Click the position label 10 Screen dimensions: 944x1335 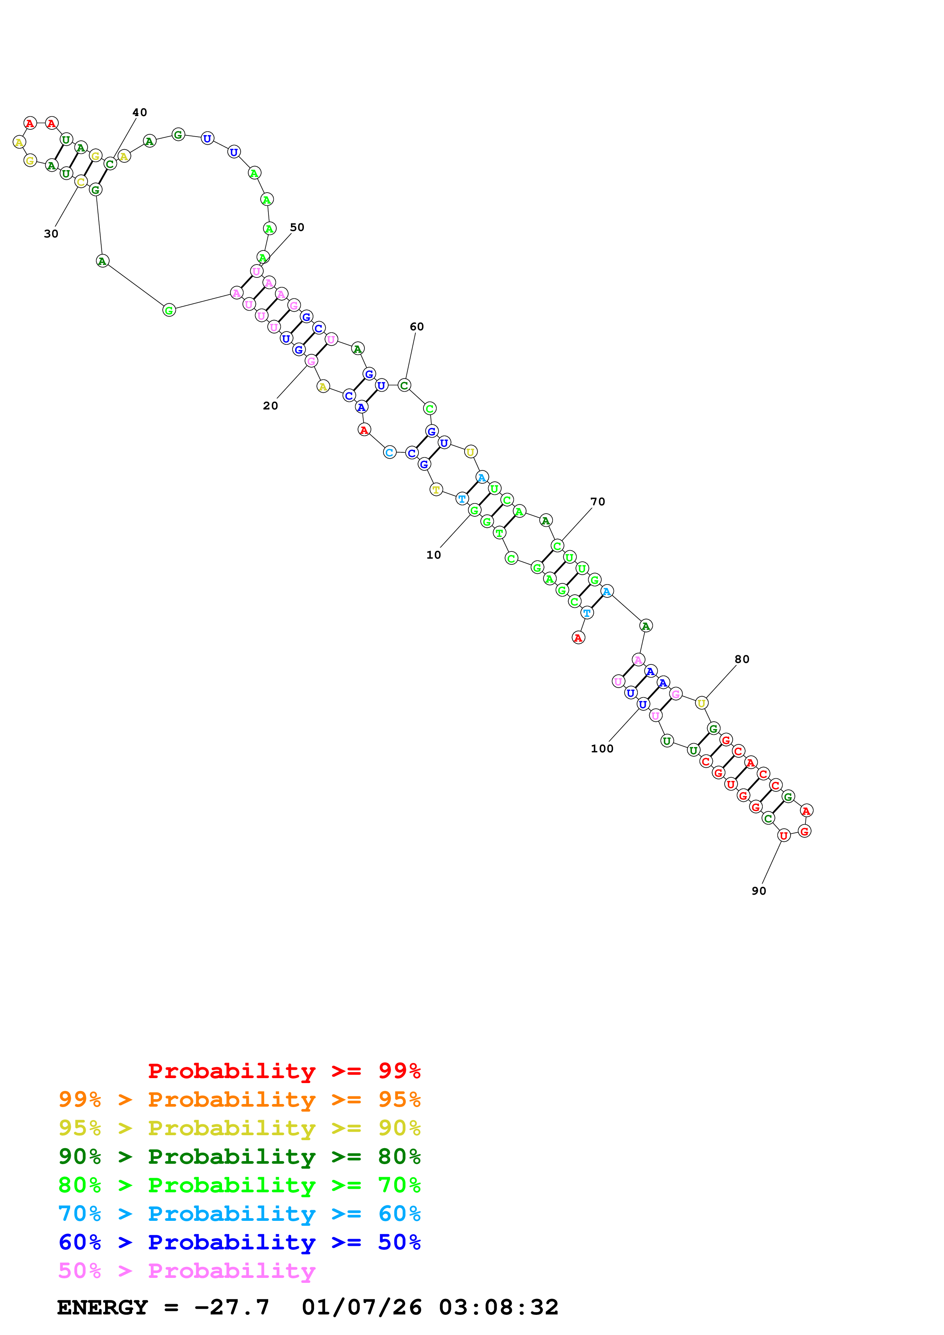pos(433,555)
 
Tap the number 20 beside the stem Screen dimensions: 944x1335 pos(270,406)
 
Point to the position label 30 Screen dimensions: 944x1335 pos(51,234)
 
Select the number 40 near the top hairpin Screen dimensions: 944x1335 pos(140,112)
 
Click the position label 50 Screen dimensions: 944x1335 pos(297,227)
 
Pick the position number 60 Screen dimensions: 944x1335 pos(417,327)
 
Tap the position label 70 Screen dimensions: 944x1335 pos(597,502)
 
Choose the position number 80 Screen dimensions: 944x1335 pos(741,660)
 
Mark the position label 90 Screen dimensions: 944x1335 pos(759,891)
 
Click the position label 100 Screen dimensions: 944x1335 pos(602,749)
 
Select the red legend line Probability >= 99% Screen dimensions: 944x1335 pos(284,1071)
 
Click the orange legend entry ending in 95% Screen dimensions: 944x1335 pos(239,1099)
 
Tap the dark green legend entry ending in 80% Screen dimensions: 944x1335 pos(239,1157)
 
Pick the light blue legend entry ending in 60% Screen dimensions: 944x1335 pos(239,1214)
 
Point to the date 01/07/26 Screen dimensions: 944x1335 pos(361,1307)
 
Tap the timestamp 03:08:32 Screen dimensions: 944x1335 pos(498,1307)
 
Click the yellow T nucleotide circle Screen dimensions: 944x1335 pos(436,489)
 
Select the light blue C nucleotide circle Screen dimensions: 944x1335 pos(389,452)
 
